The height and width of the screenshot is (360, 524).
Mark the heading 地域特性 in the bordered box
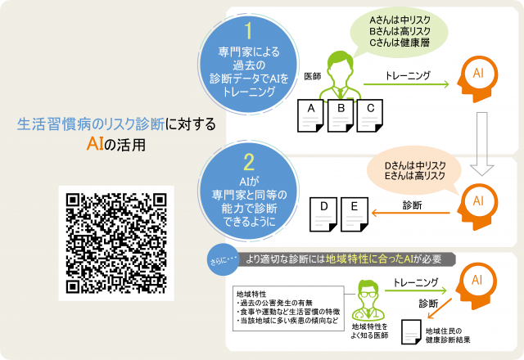coord(251,293)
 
